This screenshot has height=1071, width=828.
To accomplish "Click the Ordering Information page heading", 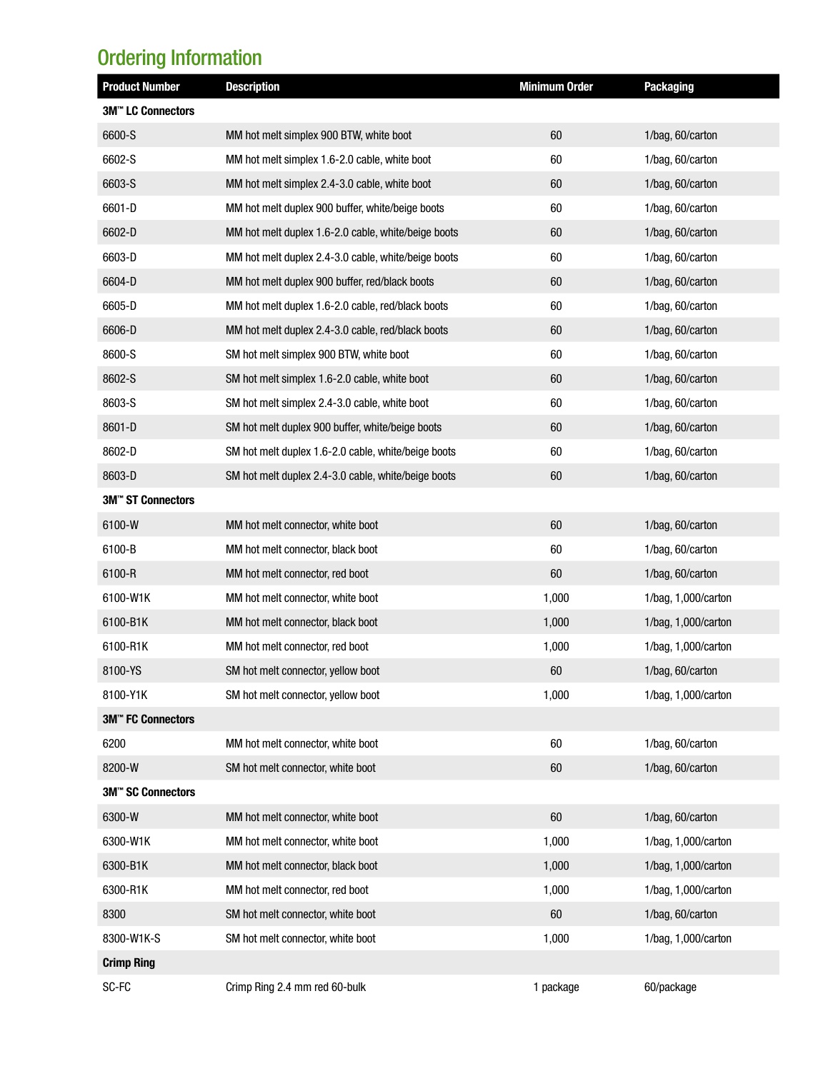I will (x=179, y=58).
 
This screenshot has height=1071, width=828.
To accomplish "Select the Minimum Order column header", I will (x=556, y=86).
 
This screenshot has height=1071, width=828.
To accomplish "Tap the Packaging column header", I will (x=669, y=86).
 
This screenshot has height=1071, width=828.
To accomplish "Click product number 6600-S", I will (x=119, y=135).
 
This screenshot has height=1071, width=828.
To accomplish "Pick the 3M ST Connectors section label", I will (x=149, y=500).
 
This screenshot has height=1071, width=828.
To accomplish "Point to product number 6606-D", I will (x=119, y=330).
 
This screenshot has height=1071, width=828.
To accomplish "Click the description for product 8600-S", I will (x=317, y=354).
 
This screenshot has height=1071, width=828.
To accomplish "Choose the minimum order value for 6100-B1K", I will (x=556, y=622).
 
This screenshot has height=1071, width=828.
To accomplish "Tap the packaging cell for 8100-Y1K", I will (x=687, y=695).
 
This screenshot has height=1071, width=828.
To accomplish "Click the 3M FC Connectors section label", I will (x=149, y=719).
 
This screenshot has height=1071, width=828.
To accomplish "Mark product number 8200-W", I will (x=121, y=768).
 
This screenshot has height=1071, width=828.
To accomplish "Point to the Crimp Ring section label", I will (x=129, y=962).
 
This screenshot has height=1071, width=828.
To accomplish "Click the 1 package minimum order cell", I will (x=556, y=987).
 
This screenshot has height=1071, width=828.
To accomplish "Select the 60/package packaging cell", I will (x=670, y=987).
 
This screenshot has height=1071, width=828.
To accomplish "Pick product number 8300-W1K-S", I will (x=131, y=938).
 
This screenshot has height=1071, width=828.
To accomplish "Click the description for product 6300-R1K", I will (x=297, y=890).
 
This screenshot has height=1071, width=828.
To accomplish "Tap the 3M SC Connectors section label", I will (x=149, y=792).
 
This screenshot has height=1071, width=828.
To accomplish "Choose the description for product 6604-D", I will (x=329, y=281).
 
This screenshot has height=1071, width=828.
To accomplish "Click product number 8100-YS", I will (x=122, y=670).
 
